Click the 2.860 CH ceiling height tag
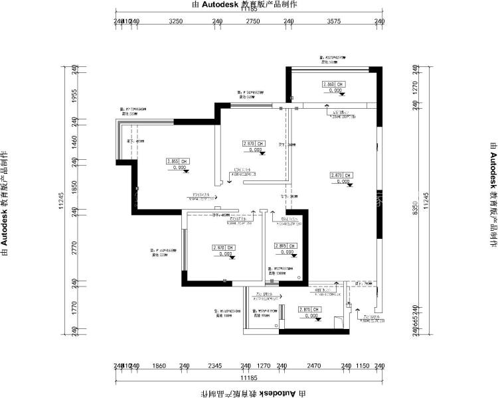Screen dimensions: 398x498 point(334,85)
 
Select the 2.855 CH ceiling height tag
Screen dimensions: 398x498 point(178,161)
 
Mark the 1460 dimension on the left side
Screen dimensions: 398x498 point(75,142)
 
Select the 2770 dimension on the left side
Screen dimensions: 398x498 point(75,248)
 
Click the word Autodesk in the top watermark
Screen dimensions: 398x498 point(210,4)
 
